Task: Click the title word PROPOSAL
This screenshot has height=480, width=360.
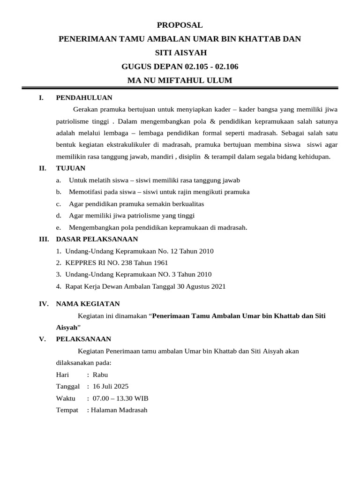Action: pos(180,25)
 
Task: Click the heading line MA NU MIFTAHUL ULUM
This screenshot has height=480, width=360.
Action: pos(180,80)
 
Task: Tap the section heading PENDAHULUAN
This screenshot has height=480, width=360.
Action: pos(84,97)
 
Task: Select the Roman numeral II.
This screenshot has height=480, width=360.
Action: pos(42,168)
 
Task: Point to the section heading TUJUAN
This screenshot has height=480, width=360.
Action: pos(70,168)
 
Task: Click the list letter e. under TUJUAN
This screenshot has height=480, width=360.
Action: pos(58,227)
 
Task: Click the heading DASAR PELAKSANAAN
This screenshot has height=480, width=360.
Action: pos(97,239)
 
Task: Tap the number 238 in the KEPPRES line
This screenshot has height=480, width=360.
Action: pos(111,262)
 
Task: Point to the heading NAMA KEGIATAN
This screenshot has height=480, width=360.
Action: pos(88,304)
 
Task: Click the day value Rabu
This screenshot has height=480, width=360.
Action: pos(100,375)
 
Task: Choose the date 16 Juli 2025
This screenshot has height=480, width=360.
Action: pos(111,386)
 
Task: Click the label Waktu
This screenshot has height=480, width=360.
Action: pos(66,398)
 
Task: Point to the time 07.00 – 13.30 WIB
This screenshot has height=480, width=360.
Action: pos(120,398)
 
